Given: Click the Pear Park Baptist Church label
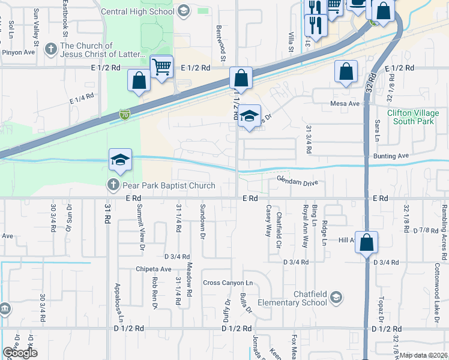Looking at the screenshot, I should [x=168, y=185].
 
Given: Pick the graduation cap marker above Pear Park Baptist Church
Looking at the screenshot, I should [x=120, y=160].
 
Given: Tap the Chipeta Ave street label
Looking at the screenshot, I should [x=154, y=269].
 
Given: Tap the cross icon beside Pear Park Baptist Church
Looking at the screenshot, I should [x=113, y=185].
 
